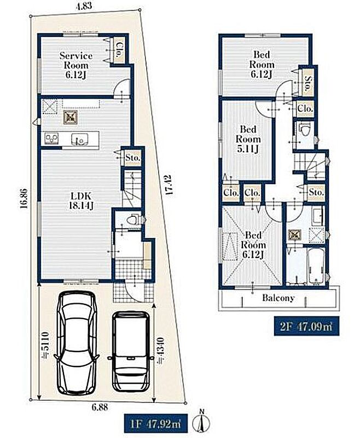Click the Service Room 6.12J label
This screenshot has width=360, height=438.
(x=76, y=65)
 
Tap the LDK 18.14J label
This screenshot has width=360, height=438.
(x=81, y=201)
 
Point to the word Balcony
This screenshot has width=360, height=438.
(x=278, y=298)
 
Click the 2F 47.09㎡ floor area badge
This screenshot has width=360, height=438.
(x=306, y=326)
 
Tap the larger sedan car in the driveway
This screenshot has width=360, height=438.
(x=78, y=343)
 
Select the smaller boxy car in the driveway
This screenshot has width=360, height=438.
(x=131, y=351)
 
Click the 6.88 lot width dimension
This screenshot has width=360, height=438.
(x=100, y=407)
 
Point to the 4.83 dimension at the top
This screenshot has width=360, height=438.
(x=84, y=6)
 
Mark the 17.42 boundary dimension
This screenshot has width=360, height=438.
(x=168, y=185)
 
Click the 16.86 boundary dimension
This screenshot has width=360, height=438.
(x=24, y=198)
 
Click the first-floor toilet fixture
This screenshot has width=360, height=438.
(x=133, y=218)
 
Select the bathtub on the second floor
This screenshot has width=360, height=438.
(x=316, y=266)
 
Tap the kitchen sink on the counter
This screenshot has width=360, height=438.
(x=79, y=139)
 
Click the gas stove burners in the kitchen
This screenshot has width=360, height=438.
(x=52, y=139)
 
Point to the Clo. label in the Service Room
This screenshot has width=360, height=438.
(x=119, y=50)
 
